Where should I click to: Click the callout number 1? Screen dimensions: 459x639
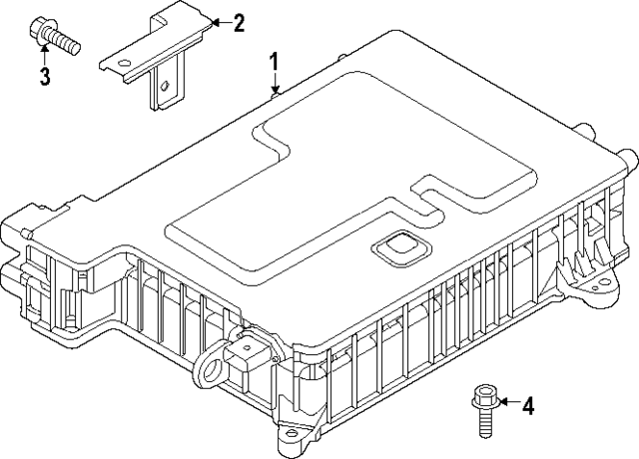click(274, 63)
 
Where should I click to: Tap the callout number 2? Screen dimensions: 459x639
click(238, 21)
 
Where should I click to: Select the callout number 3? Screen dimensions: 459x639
click(44, 77)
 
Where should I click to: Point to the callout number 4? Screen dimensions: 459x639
click(528, 405)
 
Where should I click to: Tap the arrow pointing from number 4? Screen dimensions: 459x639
click(505, 403)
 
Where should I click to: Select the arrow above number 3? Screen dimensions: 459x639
click(44, 52)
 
